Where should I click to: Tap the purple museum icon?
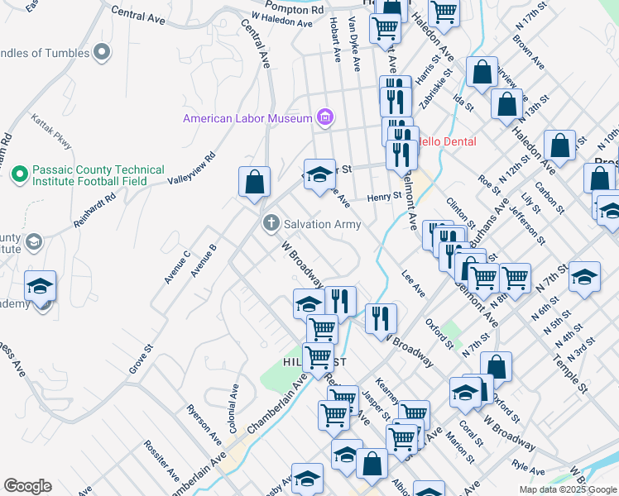point(325,118)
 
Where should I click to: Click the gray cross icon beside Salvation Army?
point(271,223)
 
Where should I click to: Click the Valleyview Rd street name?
point(191,168)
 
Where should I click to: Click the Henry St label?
point(384,196)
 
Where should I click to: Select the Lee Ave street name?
point(413,285)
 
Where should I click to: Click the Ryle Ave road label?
point(522,466)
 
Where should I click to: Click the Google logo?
point(27,486)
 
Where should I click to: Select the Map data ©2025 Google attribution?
point(567,489)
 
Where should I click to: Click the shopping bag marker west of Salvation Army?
point(254,182)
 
